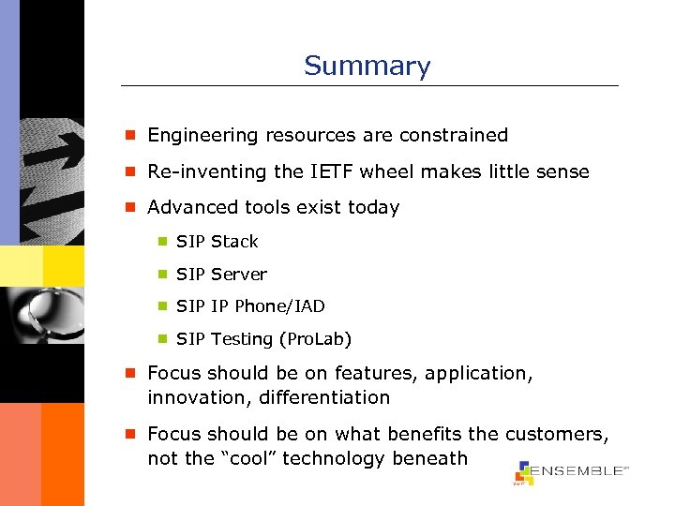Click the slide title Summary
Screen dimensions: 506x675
(x=367, y=67)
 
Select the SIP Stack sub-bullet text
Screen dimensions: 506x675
(x=217, y=242)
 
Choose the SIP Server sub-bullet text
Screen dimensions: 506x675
(x=221, y=275)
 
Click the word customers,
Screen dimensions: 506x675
(x=557, y=435)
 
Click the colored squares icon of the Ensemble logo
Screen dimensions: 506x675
(x=522, y=472)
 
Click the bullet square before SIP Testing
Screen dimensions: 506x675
(x=161, y=339)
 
